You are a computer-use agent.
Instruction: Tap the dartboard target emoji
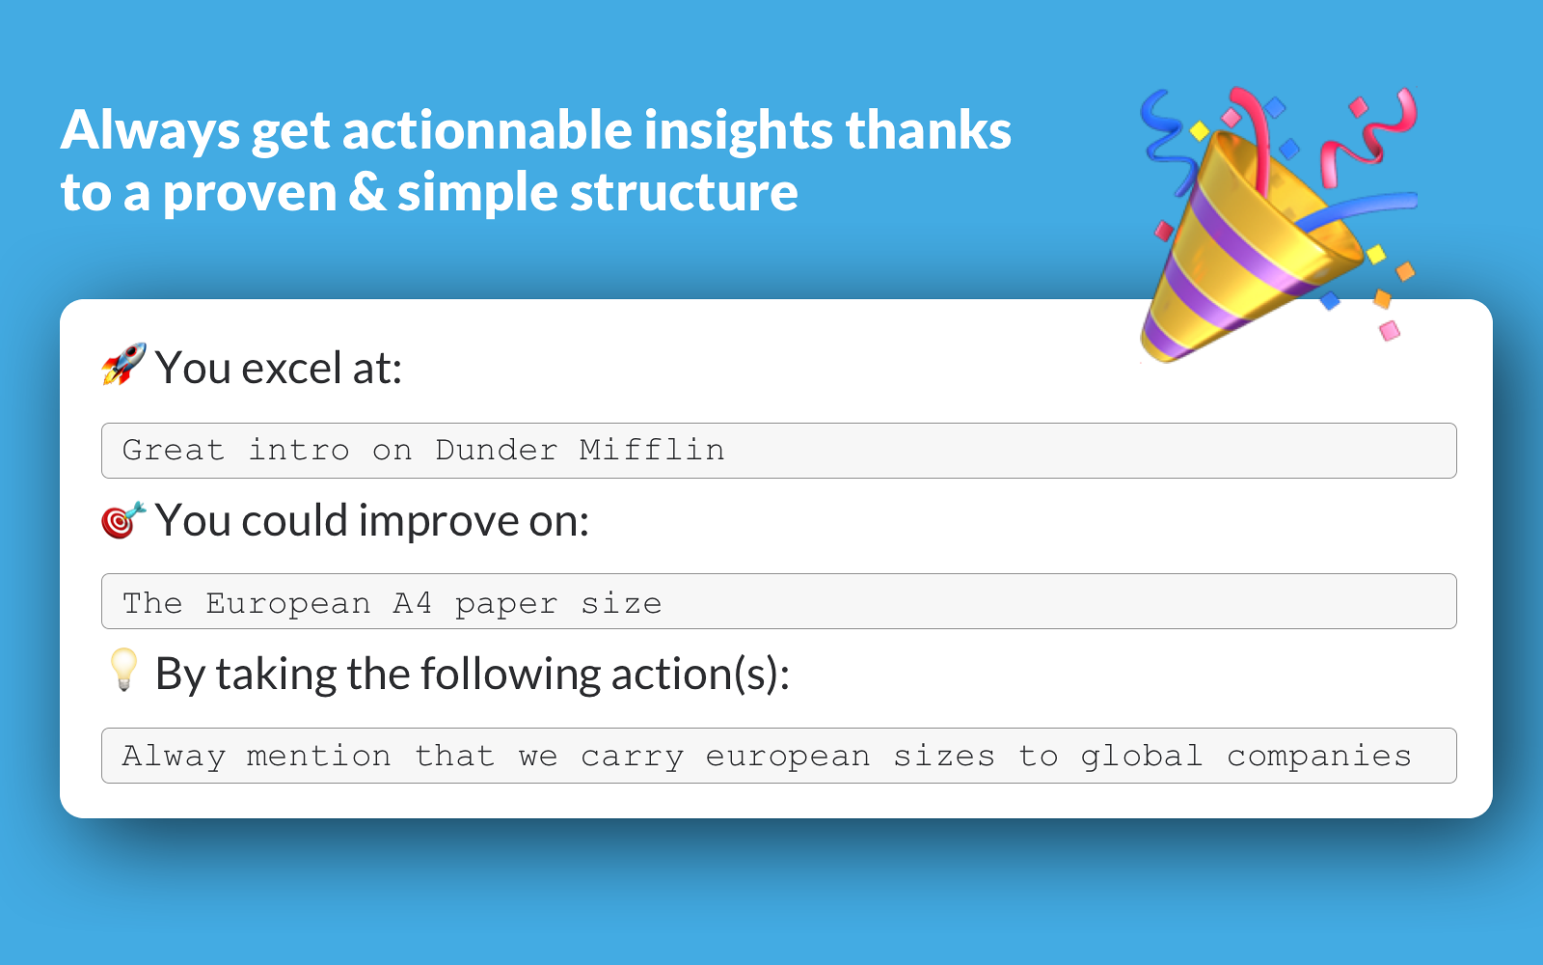tap(123, 520)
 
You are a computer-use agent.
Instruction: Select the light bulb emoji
tap(124, 670)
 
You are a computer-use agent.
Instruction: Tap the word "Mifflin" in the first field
tap(652, 450)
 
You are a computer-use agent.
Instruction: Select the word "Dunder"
tap(496, 450)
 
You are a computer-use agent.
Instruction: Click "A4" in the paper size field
tap(413, 603)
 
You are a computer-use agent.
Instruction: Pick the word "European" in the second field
tap(288, 604)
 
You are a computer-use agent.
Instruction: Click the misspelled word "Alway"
tap(174, 757)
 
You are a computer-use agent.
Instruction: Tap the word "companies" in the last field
tap(1319, 757)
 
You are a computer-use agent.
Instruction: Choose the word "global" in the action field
tap(1142, 757)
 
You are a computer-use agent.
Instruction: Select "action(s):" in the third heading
tap(700, 675)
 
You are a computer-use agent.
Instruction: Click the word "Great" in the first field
tap(174, 450)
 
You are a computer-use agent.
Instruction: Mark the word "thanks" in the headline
tap(929, 129)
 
